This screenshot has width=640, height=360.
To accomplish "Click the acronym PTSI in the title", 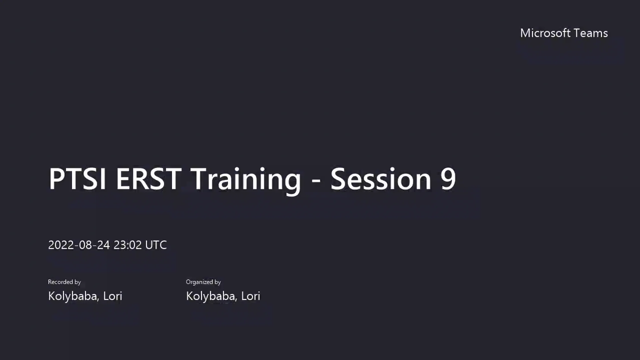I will [x=77, y=179].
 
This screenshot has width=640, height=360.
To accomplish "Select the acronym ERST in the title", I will [x=149, y=179].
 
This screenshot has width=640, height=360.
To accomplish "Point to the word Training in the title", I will [x=246, y=180].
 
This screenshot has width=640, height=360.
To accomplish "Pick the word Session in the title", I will [x=381, y=179].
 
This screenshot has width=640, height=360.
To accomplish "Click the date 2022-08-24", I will [x=79, y=245].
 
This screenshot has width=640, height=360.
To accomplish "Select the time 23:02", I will [x=128, y=245].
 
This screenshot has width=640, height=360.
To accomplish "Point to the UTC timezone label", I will [x=156, y=245].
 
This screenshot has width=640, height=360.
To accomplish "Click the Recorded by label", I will [x=64, y=282].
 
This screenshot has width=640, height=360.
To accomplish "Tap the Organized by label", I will [x=203, y=282].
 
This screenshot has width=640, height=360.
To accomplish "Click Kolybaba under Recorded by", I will [x=73, y=296].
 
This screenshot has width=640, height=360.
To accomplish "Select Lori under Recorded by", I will [x=113, y=296].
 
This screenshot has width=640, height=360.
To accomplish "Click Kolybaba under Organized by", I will [x=211, y=296].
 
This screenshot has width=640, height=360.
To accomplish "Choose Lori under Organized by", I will [x=251, y=296].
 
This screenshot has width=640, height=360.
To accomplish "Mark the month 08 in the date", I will [x=85, y=245].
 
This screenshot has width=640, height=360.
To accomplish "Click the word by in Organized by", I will [x=217, y=282].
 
